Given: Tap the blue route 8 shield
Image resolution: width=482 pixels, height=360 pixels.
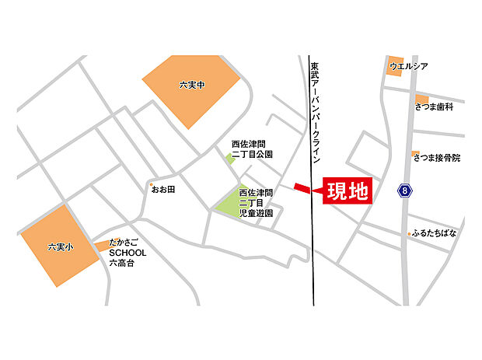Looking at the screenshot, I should click(x=403, y=190).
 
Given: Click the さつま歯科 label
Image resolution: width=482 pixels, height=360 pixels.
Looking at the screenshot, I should click(x=434, y=107).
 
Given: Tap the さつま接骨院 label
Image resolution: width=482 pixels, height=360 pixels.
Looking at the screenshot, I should click(x=437, y=158).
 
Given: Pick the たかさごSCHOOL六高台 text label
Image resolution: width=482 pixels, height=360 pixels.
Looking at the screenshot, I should click(x=127, y=253).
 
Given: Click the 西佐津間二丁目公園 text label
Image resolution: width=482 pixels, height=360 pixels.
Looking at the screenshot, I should click(x=253, y=149).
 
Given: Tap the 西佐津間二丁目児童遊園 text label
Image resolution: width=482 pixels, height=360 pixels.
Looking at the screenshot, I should click(x=256, y=202).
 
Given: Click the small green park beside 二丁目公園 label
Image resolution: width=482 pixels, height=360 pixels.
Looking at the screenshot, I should click(x=230, y=159).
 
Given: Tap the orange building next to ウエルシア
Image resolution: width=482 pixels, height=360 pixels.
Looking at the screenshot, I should click(x=393, y=65).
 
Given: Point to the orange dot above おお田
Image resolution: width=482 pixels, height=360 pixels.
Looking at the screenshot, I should click(x=153, y=184).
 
